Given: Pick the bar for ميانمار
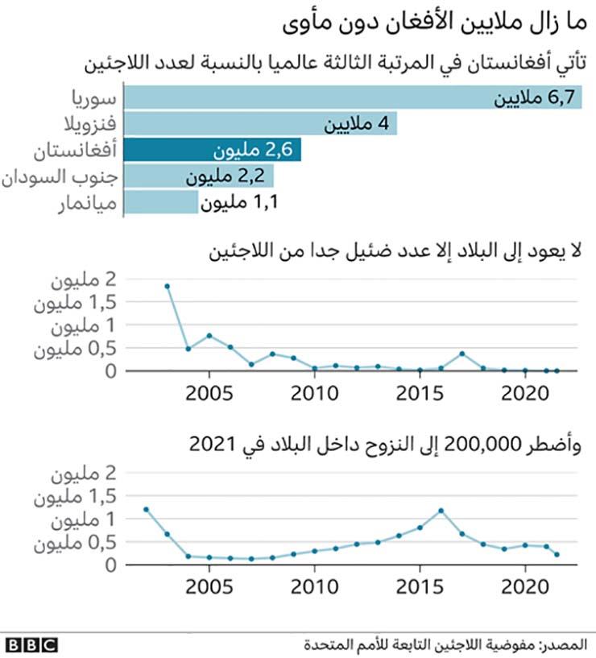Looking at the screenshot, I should click(x=161, y=201).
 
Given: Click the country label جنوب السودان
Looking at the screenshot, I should click(x=62, y=176).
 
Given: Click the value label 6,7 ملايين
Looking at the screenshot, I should click(x=536, y=98).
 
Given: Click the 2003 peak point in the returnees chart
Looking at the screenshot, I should click(x=167, y=286).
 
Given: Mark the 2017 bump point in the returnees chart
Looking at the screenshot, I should click(x=462, y=354).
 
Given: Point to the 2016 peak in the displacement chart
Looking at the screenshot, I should click(x=441, y=511).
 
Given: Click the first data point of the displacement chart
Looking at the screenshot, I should click(x=146, y=509).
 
